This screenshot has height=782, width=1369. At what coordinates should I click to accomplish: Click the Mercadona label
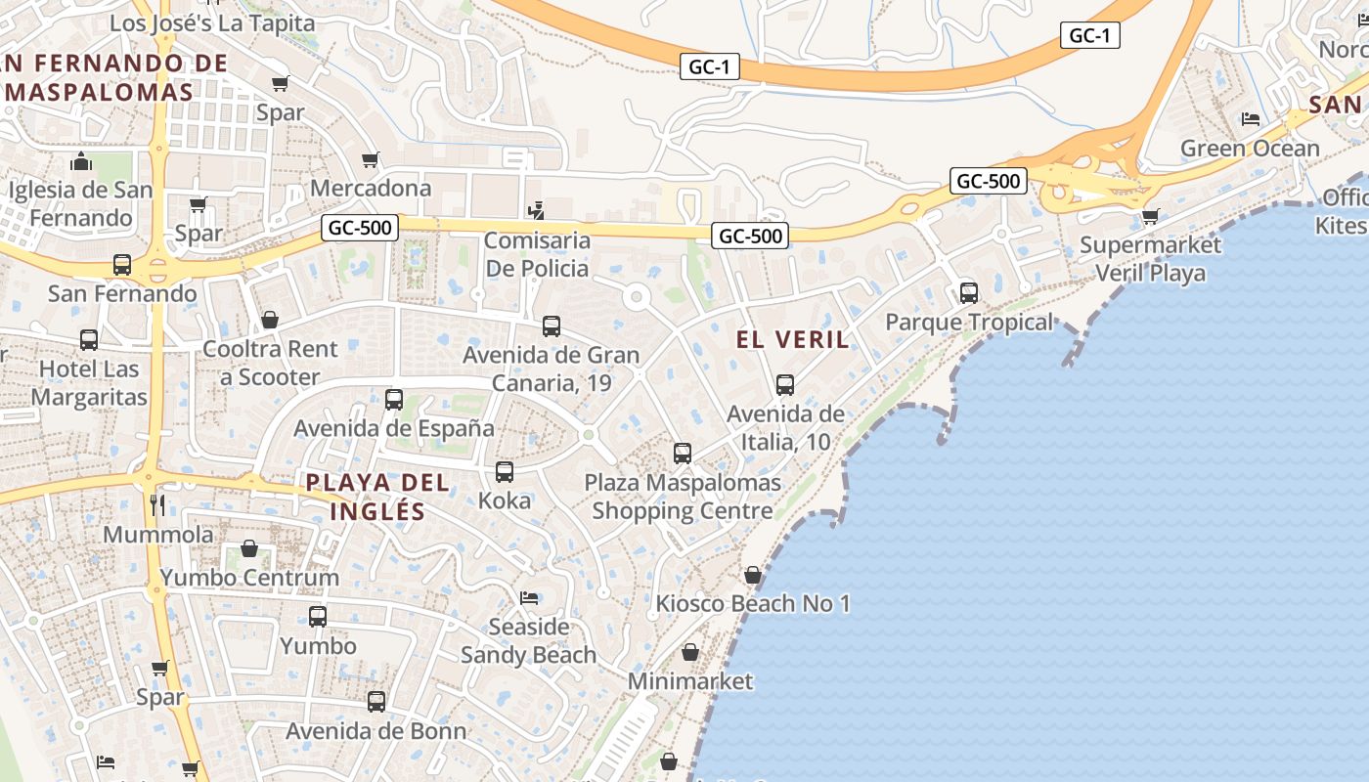click(x=371, y=188)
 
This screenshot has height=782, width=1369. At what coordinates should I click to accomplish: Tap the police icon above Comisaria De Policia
click(x=535, y=209)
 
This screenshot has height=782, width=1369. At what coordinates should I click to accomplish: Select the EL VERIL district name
click(x=793, y=339)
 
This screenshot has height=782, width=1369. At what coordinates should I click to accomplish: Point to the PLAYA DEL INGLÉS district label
click(x=377, y=497)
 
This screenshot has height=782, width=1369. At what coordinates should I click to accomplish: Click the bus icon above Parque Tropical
click(x=969, y=292)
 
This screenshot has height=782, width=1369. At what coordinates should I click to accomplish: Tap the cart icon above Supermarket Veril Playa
click(x=1150, y=215)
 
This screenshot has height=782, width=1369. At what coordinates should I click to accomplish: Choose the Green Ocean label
click(x=1250, y=149)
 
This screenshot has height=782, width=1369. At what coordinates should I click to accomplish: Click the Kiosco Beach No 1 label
click(x=753, y=604)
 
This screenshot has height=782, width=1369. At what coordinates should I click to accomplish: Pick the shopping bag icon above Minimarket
click(x=690, y=651)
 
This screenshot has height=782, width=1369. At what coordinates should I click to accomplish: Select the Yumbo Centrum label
click(x=250, y=578)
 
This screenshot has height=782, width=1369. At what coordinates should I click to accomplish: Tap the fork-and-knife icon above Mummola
click(x=157, y=504)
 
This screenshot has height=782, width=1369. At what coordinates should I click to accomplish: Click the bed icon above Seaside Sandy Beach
click(x=529, y=597)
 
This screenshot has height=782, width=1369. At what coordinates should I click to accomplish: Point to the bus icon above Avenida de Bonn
click(x=376, y=701)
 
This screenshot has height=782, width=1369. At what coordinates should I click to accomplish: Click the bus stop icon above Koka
click(x=505, y=472)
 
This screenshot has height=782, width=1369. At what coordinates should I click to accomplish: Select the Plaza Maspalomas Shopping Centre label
click(x=683, y=497)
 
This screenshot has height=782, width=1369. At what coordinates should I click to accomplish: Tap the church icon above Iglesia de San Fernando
click(x=81, y=160)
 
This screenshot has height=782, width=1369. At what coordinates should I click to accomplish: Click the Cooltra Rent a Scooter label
click(x=270, y=363)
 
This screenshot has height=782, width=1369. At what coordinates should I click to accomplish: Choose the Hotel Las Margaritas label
click(x=89, y=383)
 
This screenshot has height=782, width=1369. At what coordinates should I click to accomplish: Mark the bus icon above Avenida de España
click(x=394, y=399)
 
